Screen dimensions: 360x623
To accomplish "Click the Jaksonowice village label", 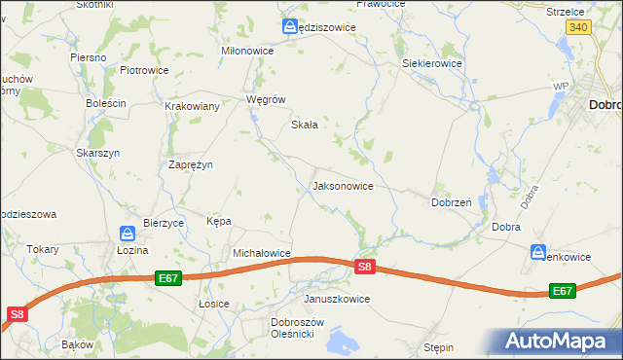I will coord(342,185).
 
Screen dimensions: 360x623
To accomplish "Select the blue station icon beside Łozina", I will coord(128,234).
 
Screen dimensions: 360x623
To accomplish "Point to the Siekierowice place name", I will coord(432,63).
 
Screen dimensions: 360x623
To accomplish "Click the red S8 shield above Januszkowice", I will coord(364,267).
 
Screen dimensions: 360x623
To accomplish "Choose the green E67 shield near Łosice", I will coord(168,278).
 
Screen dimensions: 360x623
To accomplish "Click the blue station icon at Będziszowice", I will coord(290,27).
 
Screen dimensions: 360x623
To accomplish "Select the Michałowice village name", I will coord(262,253).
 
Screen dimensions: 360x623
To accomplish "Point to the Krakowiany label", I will coord(192,106).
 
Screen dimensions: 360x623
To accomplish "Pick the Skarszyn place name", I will coord(97,153).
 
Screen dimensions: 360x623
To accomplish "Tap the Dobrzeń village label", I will coord(452,202).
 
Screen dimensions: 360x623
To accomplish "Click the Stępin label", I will coord(439,346).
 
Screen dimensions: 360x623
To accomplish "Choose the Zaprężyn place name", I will coord(191,164).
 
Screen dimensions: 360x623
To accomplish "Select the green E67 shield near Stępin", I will coord(562,291).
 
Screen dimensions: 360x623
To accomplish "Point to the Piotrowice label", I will coord(144,70).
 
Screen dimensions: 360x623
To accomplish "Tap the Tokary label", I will coord(43,249).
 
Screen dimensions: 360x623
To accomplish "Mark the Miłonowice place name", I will coord(248,51).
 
